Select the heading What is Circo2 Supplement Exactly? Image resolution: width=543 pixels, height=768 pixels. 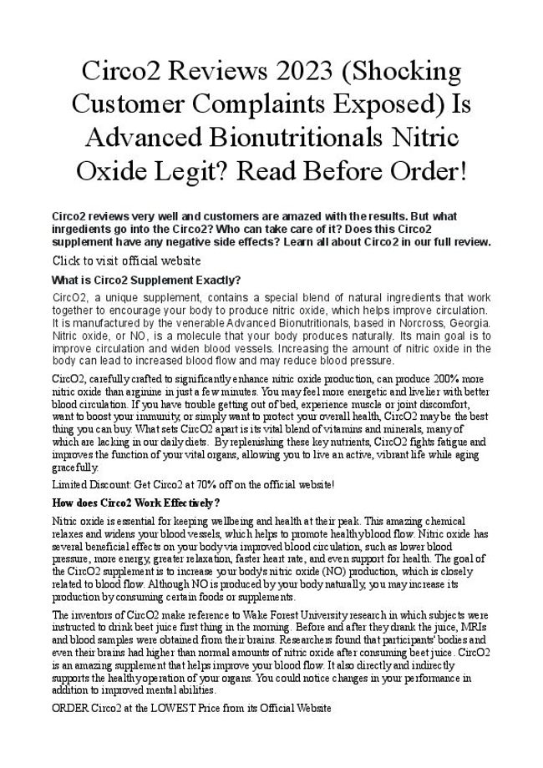(146, 280)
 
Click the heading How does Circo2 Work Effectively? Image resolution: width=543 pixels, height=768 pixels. (135, 503)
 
